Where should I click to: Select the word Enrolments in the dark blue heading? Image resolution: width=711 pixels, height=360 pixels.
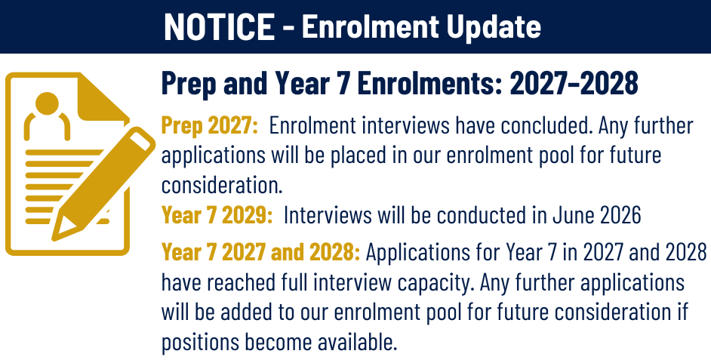[x=418, y=84]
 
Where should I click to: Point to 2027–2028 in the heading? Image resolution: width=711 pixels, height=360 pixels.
[x=574, y=84]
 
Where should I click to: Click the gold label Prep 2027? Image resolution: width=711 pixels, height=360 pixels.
[x=210, y=126]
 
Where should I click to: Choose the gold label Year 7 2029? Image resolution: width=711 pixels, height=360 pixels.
[x=217, y=215]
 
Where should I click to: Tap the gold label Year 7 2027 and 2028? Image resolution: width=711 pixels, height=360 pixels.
[x=260, y=252]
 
